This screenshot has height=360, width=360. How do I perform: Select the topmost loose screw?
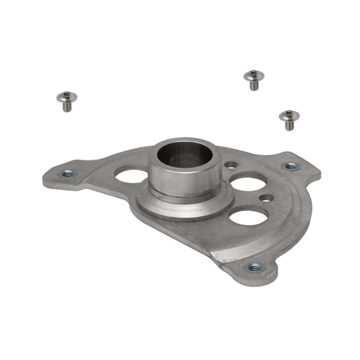[253, 79]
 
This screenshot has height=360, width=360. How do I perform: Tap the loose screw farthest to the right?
[289, 120]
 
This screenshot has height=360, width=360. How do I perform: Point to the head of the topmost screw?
[253, 75]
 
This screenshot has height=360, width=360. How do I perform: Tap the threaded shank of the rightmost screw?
[289, 125]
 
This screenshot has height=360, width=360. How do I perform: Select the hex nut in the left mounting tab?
[67, 173]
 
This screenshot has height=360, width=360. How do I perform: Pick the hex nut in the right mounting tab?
[290, 165]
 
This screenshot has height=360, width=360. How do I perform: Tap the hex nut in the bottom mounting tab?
[255, 267]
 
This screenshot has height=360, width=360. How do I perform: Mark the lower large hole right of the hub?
[248, 216]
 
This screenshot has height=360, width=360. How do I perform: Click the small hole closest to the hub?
[230, 164]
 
